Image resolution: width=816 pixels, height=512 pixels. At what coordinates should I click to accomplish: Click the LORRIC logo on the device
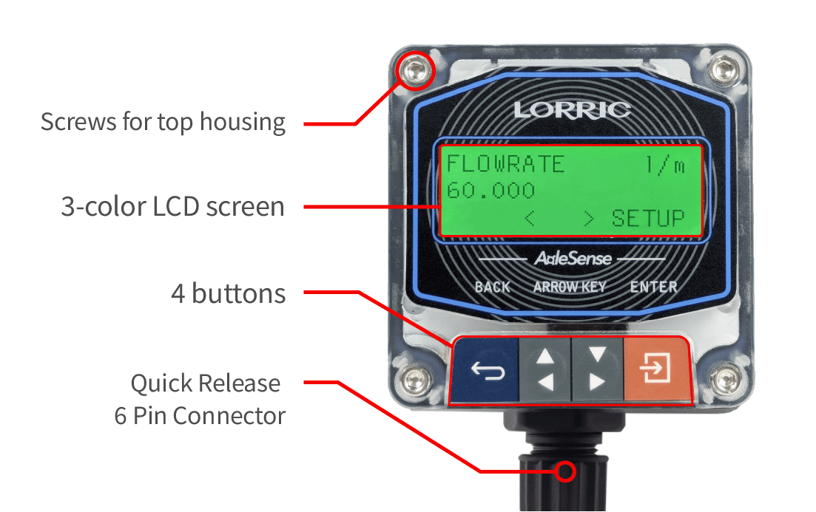click(x=572, y=110)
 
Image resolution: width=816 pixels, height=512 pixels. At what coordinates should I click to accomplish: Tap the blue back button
click(x=488, y=369)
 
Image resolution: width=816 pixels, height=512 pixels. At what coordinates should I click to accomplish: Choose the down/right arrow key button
click(x=596, y=369)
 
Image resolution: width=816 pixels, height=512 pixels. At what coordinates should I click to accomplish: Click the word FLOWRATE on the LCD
click(x=505, y=164)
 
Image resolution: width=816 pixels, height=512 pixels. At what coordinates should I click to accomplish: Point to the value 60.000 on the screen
click(x=490, y=191)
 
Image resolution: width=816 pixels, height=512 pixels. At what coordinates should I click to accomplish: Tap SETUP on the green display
click(x=648, y=219)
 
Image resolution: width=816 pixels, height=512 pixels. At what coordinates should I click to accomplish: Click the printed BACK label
click(x=493, y=287)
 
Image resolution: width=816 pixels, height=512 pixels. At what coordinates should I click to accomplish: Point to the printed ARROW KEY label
click(x=570, y=287)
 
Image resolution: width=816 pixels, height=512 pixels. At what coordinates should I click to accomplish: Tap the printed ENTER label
click(x=653, y=287)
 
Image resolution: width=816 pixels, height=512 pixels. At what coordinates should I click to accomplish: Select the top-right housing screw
click(x=724, y=71)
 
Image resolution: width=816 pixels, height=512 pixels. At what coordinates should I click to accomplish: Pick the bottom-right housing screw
click(x=724, y=380)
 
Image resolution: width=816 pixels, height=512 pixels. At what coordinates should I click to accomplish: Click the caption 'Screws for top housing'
click(x=163, y=122)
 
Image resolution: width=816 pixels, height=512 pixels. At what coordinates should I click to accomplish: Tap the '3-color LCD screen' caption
click(x=172, y=207)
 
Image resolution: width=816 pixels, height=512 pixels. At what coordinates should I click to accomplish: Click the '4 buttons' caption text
click(x=228, y=294)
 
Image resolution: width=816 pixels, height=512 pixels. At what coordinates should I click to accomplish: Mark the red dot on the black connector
click(x=566, y=471)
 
